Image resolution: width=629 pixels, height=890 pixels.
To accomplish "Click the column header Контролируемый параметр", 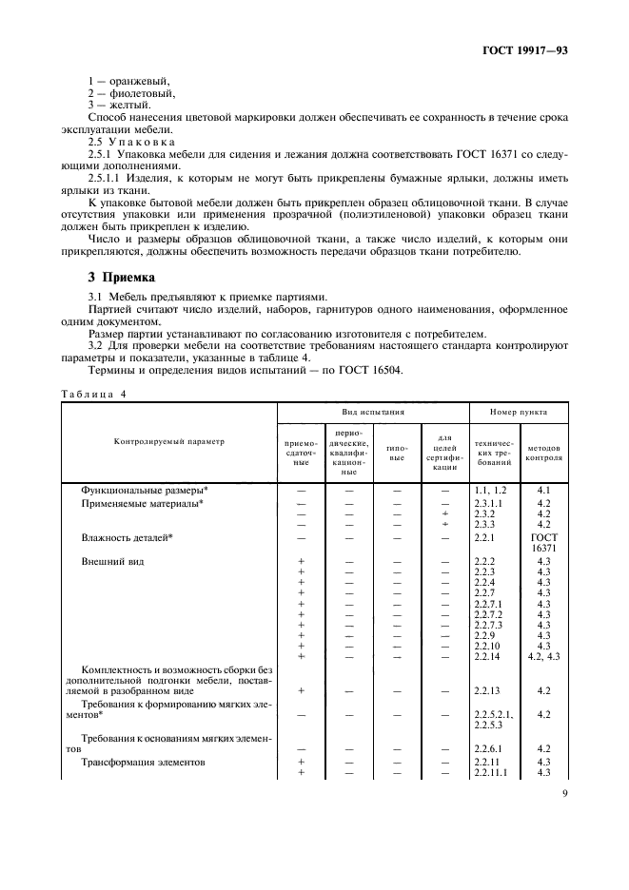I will pos(169,442).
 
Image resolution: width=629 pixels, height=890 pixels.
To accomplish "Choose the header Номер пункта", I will pos(518,413).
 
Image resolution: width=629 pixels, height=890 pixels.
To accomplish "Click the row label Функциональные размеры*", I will pos(143,489).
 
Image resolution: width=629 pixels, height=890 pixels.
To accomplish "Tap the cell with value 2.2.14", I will pos(486,655).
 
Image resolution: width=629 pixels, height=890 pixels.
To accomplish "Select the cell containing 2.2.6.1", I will pos(489,748).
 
